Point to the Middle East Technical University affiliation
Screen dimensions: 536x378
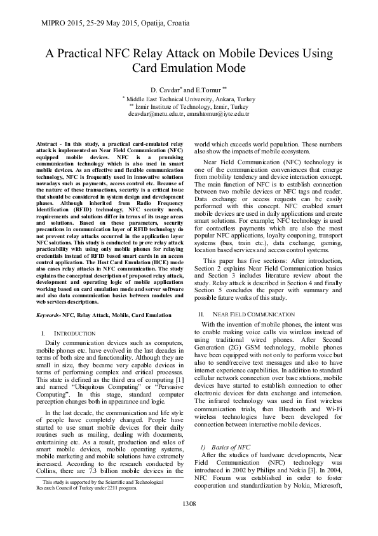[x=189, y=100]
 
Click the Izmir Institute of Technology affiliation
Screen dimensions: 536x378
[x=189, y=107]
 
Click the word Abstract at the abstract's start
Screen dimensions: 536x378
[x=47, y=145]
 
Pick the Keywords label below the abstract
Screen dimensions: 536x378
[x=50, y=315]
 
